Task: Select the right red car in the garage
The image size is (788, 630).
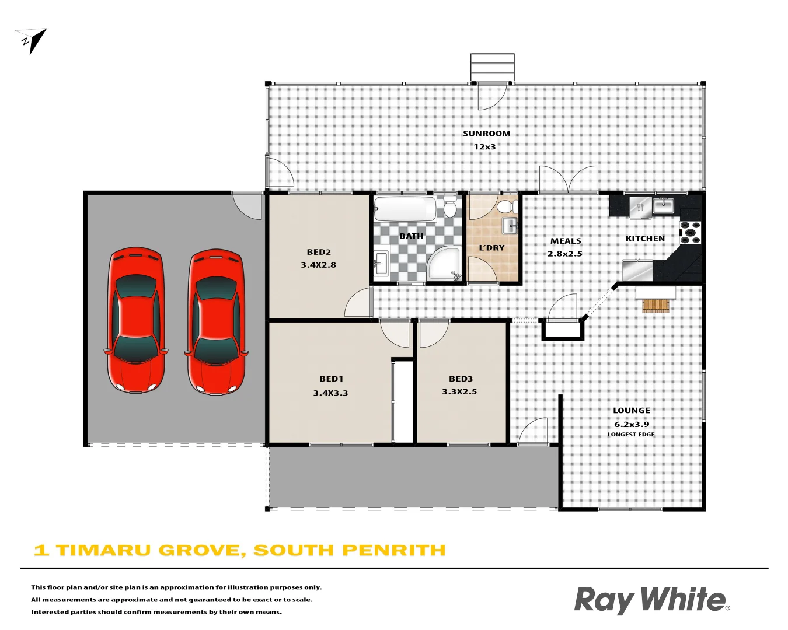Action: pyautogui.click(x=216, y=321)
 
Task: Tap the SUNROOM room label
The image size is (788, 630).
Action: pyautogui.click(x=486, y=134)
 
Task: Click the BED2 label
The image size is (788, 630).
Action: pyautogui.click(x=319, y=252)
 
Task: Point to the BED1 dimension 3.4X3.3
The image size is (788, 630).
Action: pyautogui.click(x=330, y=393)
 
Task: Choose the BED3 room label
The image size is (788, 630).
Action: pyautogui.click(x=461, y=379)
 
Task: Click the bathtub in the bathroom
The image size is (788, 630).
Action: pyautogui.click(x=405, y=209)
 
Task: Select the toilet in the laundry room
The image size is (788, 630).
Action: pyautogui.click(x=505, y=206)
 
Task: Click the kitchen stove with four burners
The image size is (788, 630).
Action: pyautogui.click(x=691, y=232)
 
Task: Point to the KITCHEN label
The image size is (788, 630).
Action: pyautogui.click(x=645, y=239)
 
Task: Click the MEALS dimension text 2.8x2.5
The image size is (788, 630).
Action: pyautogui.click(x=564, y=254)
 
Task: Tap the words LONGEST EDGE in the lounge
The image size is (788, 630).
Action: pyautogui.click(x=631, y=435)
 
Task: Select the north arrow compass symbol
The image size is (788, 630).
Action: pyautogui.click(x=32, y=40)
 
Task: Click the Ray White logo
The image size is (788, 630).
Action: pyautogui.click(x=651, y=600)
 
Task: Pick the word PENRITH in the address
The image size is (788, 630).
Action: pyautogui.click(x=394, y=550)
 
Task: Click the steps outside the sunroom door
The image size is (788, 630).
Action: pyautogui.click(x=493, y=67)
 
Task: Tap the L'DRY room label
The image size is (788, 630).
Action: pyautogui.click(x=491, y=248)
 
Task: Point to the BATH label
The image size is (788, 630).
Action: pyautogui.click(x=411, y=236)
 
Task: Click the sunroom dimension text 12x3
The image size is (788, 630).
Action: pyautogui.click(x=484, y=147)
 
